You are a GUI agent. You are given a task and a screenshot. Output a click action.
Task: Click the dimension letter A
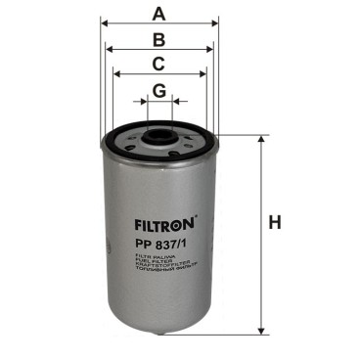pyautogui.click(x=158, y=14)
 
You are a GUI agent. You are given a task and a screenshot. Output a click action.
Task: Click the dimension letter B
pyautogui.click(x=158, y=40)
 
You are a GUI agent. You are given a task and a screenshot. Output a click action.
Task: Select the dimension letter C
pyautogui.click(x=158, y=66)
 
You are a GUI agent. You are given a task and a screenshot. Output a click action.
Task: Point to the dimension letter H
pyautogui.click(x=275, y=223)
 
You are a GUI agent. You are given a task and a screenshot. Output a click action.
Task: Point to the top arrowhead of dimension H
pyautogui.click(x=260, y=139)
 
